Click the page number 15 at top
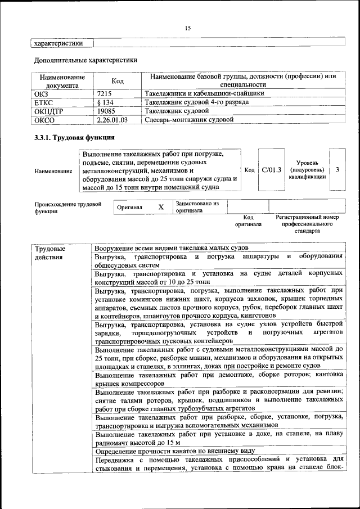(x=188, y=28)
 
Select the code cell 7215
(x=105, y=93)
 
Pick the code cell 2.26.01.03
(x=112, y=120)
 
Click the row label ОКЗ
(x=42, y=93)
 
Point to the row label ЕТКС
(x=44, y=102)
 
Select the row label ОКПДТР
(x=48, y=111)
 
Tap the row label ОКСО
(x=44, y=120)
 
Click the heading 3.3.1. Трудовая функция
(x=74, y=137)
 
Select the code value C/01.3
(x=271, y=170)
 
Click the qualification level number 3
(x=337, y=170)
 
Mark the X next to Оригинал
(x=161, y=207)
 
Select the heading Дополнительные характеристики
(x=85, y=60)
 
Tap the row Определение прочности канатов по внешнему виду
(x=175, y=451)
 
